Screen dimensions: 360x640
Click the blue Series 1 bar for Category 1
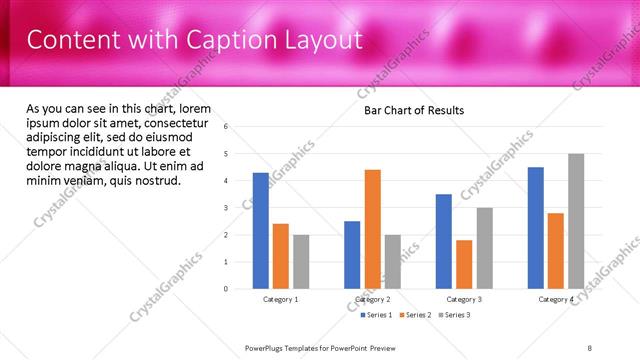click(x=261, y=231)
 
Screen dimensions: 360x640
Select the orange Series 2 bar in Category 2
click(x=372, y=229)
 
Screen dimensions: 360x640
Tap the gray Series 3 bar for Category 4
click(x=576, y=221)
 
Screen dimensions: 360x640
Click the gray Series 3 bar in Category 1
click(x=301, y=262)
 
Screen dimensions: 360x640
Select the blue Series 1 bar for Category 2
click(x=352, y=255)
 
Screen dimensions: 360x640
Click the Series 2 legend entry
click(x=416, y=315)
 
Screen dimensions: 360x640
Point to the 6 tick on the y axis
click(x=227, y=127)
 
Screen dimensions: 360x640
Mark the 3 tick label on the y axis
click(x=227, y=208)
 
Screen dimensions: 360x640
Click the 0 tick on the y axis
click(x=227, y=289)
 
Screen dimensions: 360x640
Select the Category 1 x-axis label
click(x=281, y=299)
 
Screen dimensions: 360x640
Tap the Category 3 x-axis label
click(x=464, y=299)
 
